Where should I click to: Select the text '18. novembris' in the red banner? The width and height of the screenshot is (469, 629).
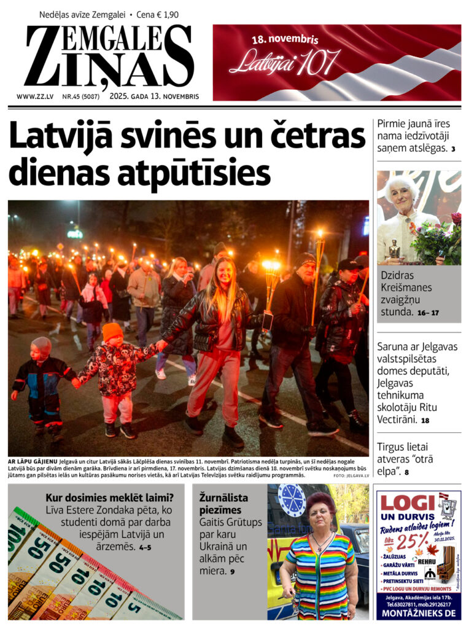(285, 39)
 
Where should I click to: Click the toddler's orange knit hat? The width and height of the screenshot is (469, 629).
(112, 331)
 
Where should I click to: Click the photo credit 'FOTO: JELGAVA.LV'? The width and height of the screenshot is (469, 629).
(351, 475)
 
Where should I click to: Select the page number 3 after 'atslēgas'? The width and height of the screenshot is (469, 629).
(453, 149)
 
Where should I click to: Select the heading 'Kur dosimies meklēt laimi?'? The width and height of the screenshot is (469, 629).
(109, 498)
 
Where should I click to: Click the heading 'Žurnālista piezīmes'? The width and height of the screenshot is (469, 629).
(223, 504)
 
